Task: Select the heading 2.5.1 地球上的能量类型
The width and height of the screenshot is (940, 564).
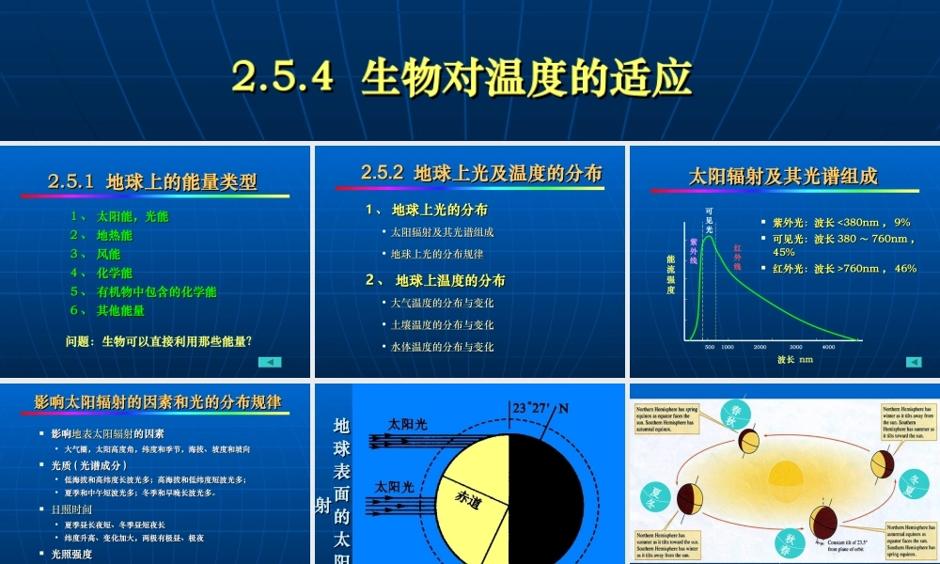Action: tap(152, 181)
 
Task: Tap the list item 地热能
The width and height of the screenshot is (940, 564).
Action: tap(114, 235)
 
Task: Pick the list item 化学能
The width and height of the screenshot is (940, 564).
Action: tap(114, 273)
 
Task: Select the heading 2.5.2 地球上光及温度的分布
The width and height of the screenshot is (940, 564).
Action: tap(481, 173)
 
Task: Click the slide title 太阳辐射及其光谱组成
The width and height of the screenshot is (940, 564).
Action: tap(783, 176)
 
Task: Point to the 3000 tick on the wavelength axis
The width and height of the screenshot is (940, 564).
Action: tap(794, 347)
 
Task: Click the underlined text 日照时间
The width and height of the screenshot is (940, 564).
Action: tap(71, 509)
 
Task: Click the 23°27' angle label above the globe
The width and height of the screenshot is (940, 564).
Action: tap(532, 408)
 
